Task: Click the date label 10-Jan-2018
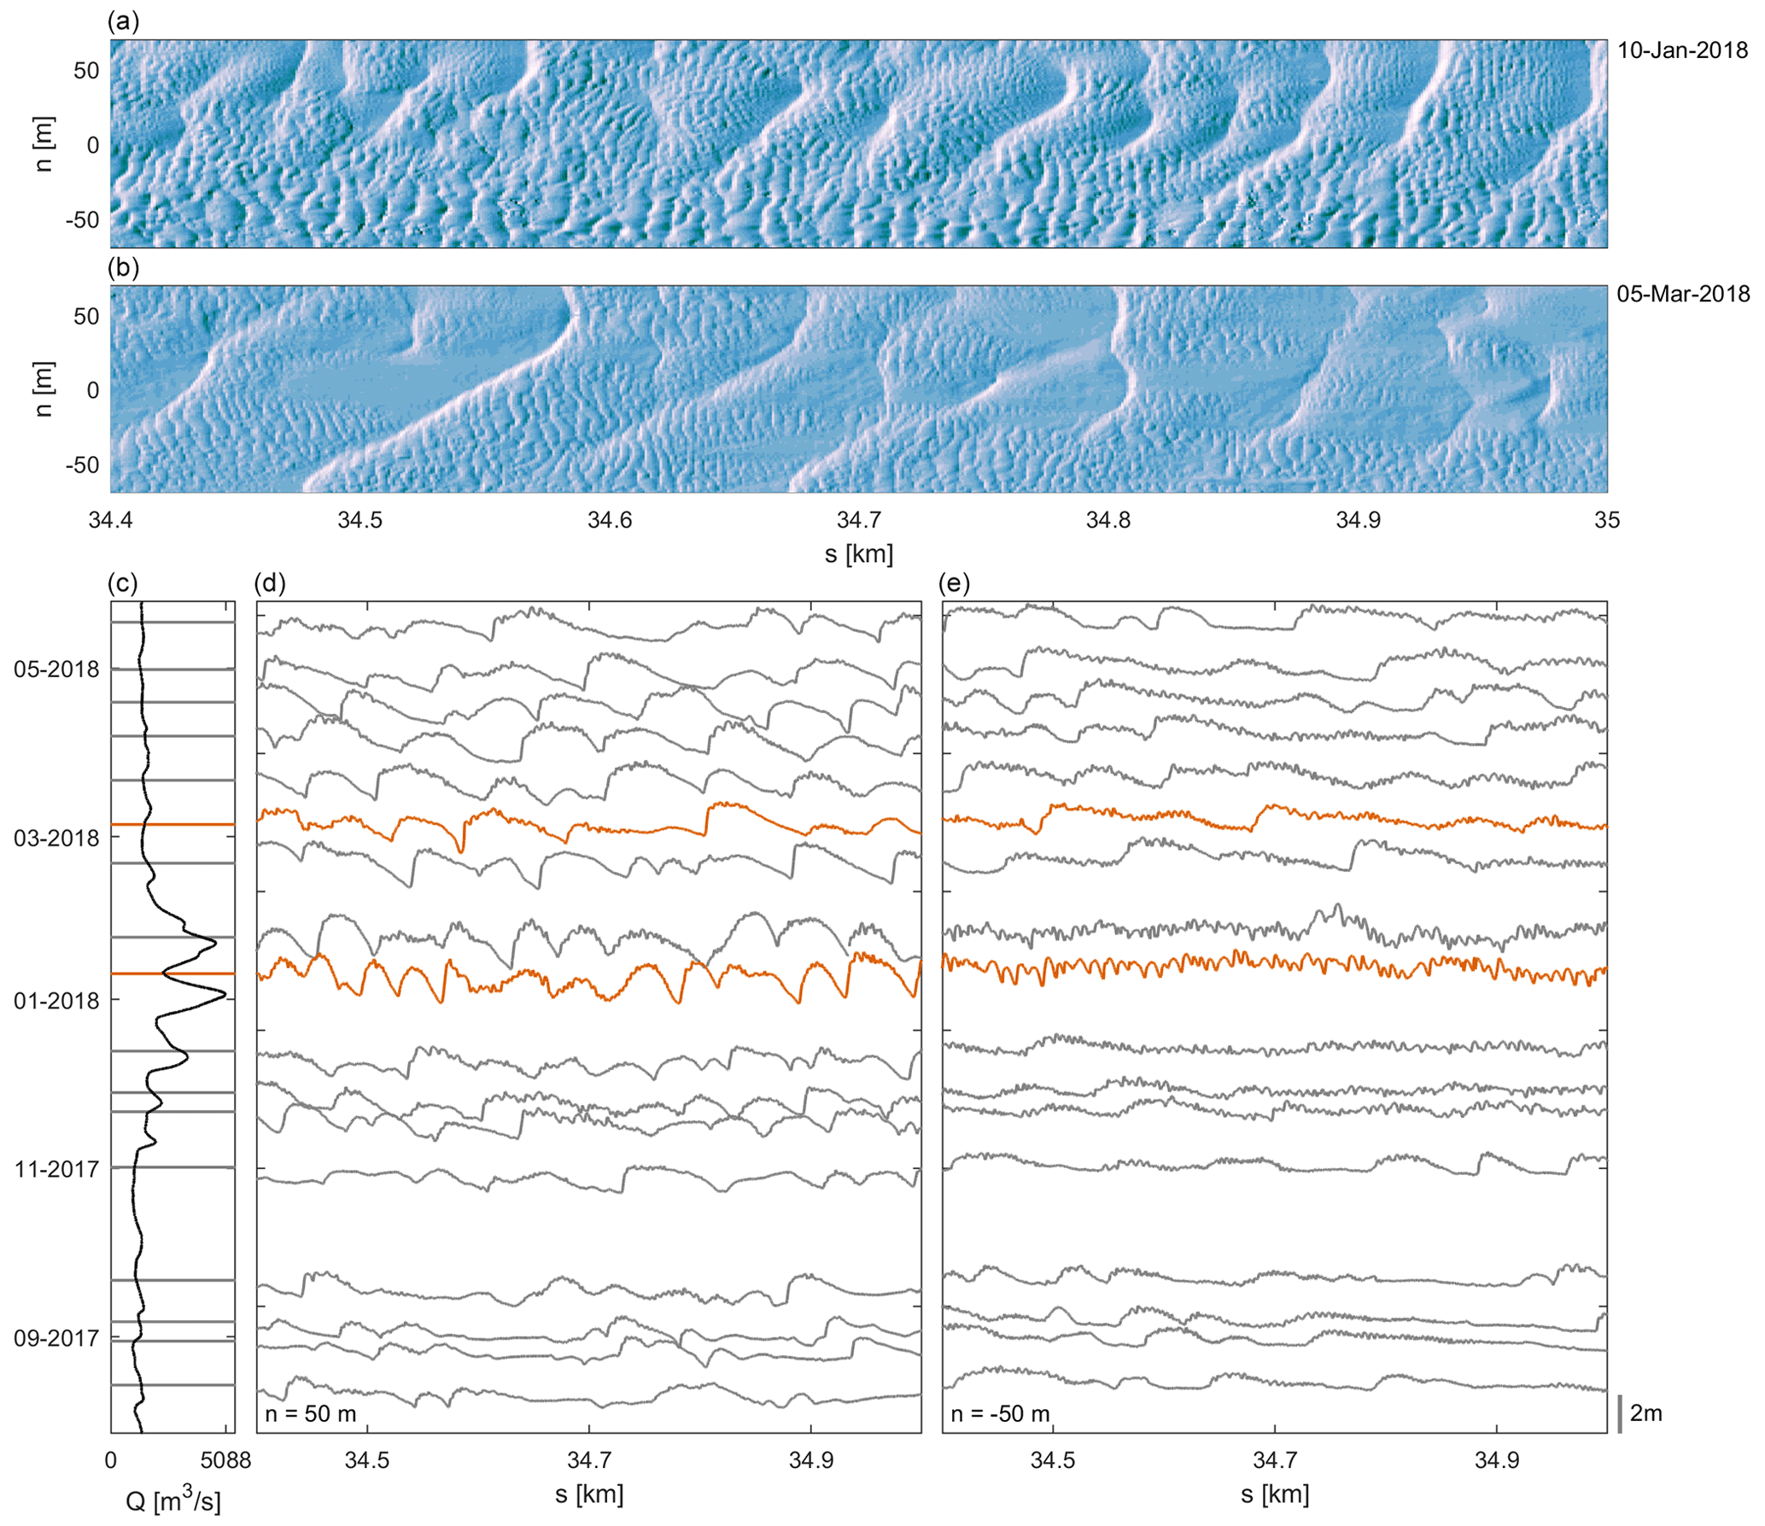[1682, 50]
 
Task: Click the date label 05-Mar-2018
[1682, 295]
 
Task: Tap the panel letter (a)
[123, 22]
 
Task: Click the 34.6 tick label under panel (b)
[610, 520]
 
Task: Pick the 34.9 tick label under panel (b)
[1358, 520]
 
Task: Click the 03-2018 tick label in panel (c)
[56, 838]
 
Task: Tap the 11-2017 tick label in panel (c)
[56, 1169]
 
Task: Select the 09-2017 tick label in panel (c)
[56, 1338]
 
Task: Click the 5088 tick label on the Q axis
[225, 1460]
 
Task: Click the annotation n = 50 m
[310, 1413]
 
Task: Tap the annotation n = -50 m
[1000, 1413]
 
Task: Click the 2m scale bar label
[1645, 1413]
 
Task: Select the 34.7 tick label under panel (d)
[589, 1460]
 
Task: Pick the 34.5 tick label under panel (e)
[1052, 1460]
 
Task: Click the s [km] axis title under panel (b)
[858, 554]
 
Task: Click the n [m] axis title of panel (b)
[44, 389]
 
